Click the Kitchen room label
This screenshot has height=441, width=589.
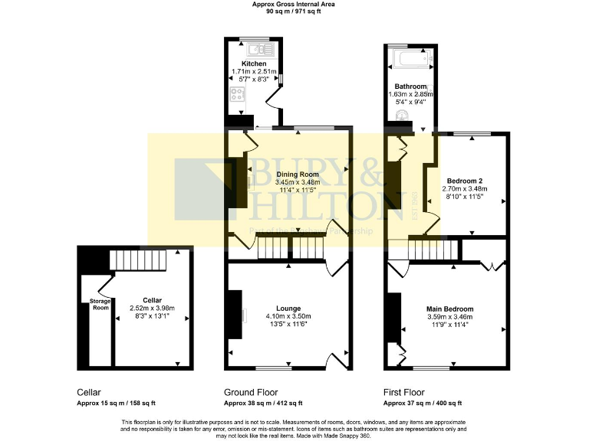[254, 64]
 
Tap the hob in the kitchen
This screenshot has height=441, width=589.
[238, 96]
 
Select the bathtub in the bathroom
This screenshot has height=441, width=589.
[409, 57]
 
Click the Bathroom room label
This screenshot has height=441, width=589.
[410, 87]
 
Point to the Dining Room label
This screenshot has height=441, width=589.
[298, 175]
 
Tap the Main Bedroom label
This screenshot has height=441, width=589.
[450, 309]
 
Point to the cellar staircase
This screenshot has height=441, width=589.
[139, 262]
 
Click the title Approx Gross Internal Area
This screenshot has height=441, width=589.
[294, 5]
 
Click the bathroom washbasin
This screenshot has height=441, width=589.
[401, 116]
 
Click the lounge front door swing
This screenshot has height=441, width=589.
[337, 361]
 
